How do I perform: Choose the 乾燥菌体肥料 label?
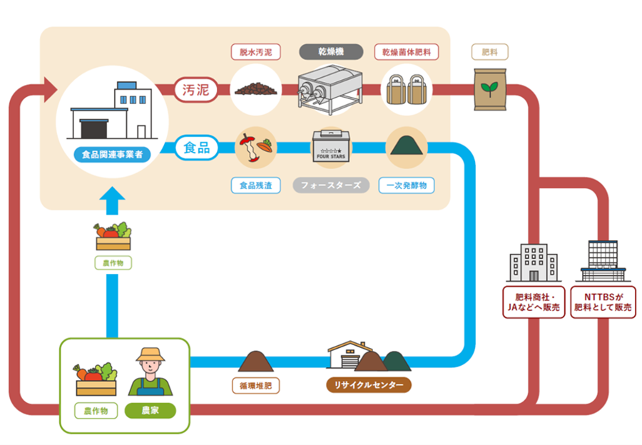click(407, 52)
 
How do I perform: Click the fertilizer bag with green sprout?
click(490, 90)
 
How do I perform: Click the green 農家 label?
click(151, 411)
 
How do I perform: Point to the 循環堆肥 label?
click(255, 386)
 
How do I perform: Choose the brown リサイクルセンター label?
click(369, 386)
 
